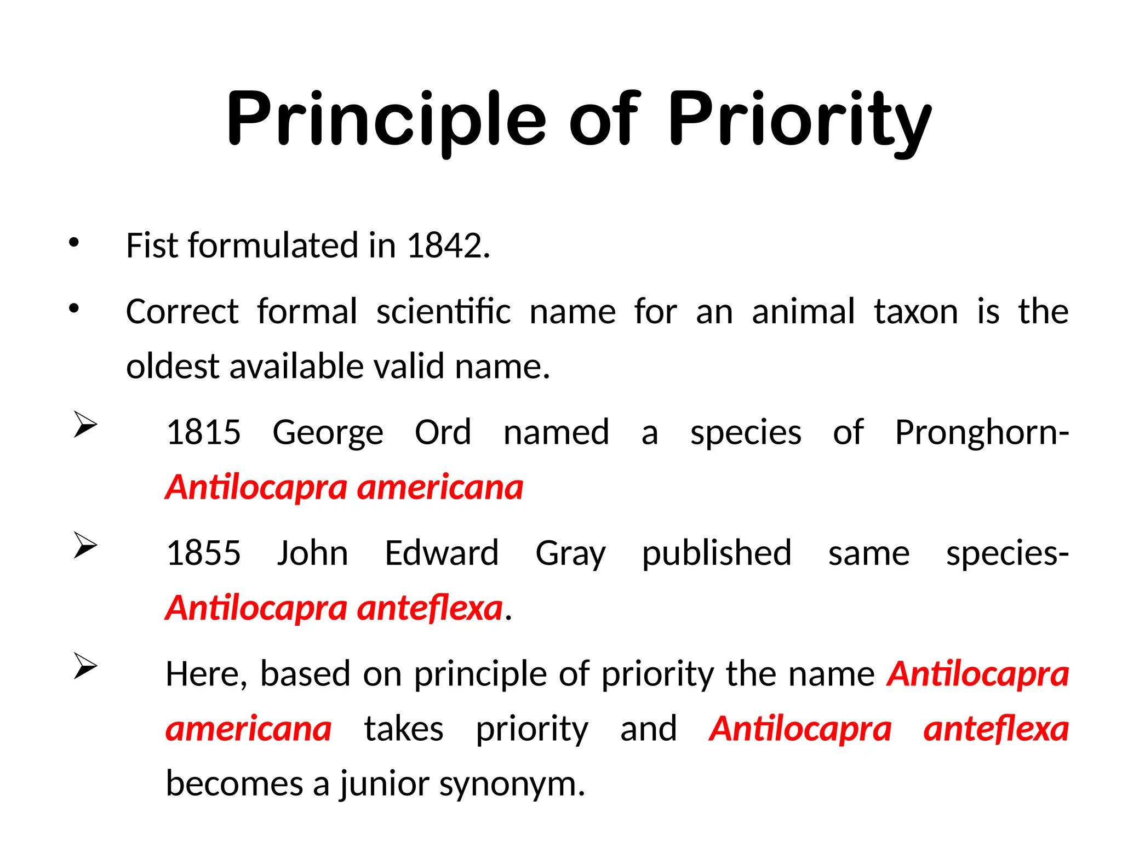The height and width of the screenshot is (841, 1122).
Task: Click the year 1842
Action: coord(444,245)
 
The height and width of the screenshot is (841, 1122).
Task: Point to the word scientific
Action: coord(443,312)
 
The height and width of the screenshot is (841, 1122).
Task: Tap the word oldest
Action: coord(172,366)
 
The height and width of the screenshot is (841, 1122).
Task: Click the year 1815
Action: coord(203,432)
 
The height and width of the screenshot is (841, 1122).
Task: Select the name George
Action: coord(328,433)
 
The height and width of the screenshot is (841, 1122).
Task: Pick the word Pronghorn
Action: coord(978,432)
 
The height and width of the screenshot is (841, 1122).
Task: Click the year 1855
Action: coord(203,553)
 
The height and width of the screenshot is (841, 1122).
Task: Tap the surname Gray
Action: coord(570,554)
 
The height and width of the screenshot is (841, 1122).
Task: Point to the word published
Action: coord(717,553)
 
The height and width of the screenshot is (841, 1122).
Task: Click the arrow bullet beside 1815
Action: coord(85,425)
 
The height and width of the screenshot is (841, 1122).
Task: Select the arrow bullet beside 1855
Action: coord(85,546)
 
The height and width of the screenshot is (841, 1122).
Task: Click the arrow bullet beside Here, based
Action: coord(85,666)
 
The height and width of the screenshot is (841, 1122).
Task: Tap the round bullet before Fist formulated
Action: coord(74,243)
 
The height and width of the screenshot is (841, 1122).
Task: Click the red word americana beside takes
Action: coord(249,729)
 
